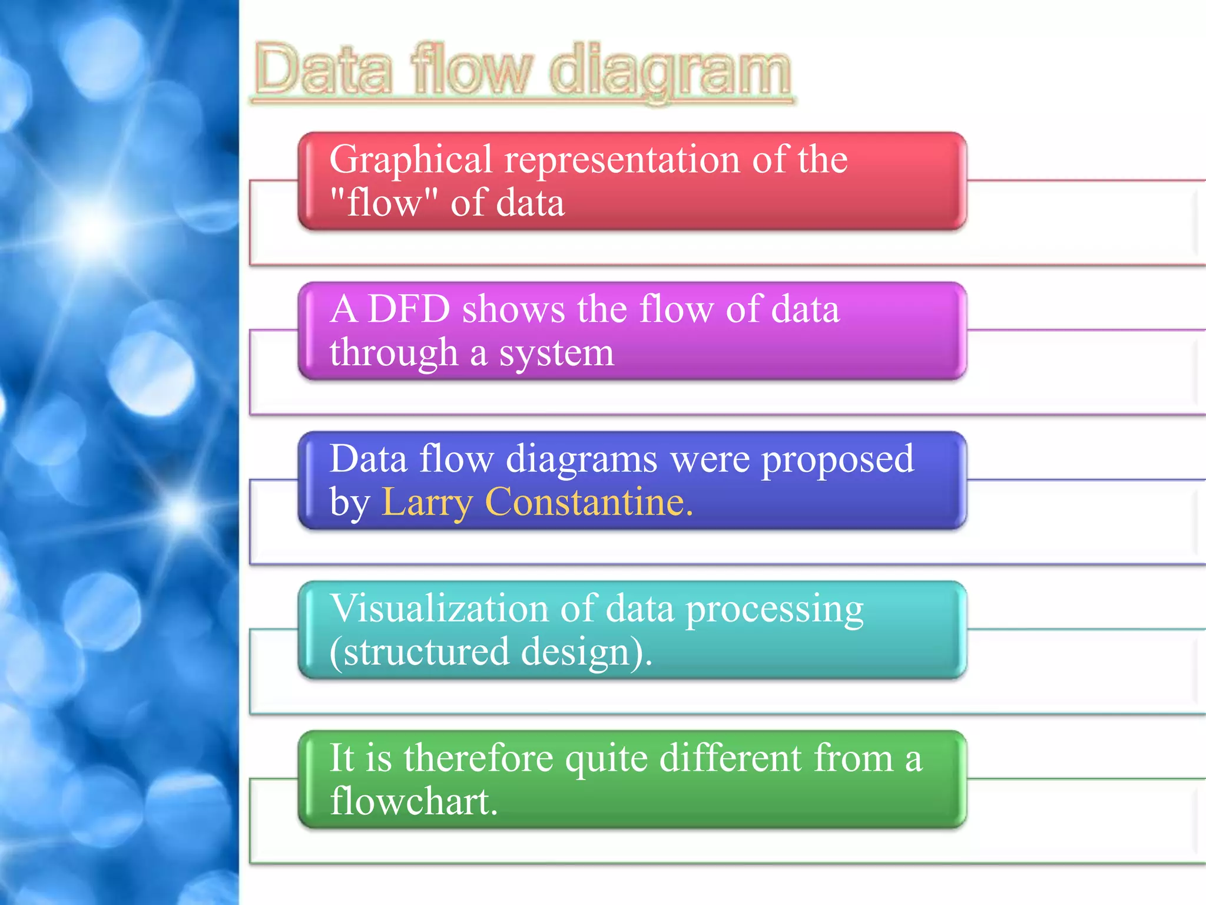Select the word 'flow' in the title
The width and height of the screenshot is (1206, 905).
coord(471,70)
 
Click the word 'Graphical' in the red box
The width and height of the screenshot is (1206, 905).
coord(410,160)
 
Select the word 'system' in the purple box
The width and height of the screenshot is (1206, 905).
coord(556,353)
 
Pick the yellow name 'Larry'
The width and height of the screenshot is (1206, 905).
coord(427,503)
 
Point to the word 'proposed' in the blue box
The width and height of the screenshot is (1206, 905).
coord(838,460)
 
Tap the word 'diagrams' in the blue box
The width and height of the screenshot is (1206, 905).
coord(581,459)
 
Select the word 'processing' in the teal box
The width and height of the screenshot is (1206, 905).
coord(774,610)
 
